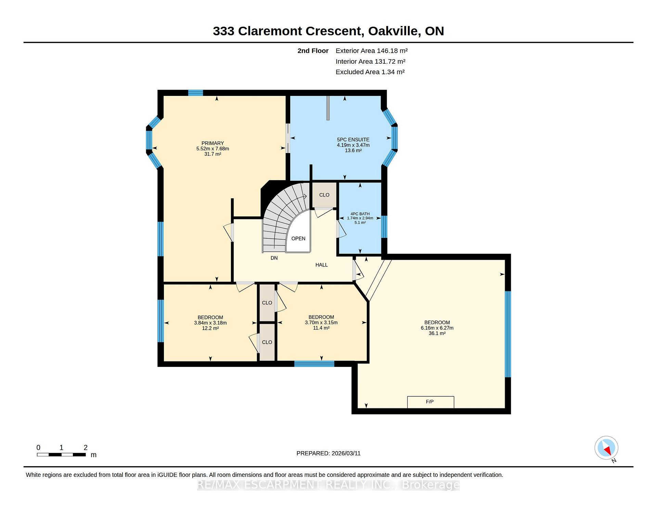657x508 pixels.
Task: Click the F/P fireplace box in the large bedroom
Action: tap(430, 402)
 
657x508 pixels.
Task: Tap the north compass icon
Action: tap(606, 448)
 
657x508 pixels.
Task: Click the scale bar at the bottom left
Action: tap(61, 455)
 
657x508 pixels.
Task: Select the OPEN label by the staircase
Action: tap(298, 239)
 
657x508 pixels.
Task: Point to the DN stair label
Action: tap(274, 258)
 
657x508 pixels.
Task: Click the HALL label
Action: tap(322, 265)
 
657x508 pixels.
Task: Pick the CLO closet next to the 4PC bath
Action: tap(324, 195)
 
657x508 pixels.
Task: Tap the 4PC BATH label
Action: tap(360, 214)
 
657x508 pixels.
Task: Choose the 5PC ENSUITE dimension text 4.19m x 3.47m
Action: tap(353, 145)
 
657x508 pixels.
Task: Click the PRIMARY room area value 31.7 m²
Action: tap(212, 154)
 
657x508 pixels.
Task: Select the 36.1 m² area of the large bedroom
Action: tap(437, 333)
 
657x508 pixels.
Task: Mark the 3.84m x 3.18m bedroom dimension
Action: tap(210, 323)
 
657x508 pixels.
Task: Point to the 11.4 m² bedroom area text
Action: tap(321, 328)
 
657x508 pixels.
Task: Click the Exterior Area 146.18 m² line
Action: tap(372, 51)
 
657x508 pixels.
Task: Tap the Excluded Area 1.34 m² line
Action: tap(370, 72)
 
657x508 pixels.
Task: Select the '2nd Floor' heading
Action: tap(313, 51)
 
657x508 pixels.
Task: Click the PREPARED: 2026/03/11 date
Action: tap(328, 453)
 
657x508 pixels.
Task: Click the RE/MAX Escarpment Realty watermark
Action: tap(328, 485)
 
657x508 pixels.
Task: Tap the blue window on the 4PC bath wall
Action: tap(384, 227)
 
